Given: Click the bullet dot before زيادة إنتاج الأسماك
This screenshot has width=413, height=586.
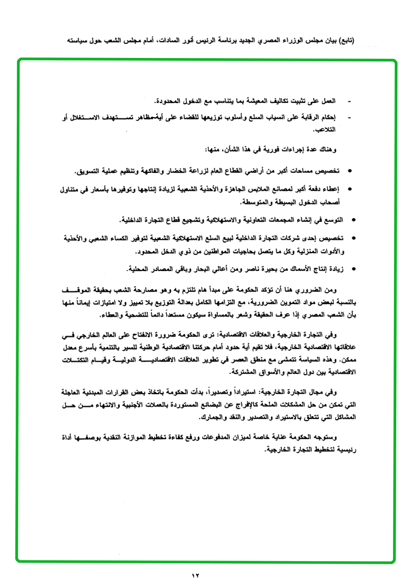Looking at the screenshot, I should click(353, 269).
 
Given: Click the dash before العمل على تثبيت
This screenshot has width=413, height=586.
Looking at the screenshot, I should click(349, 101).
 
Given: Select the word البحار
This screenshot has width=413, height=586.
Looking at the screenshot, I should click(193, 269).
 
